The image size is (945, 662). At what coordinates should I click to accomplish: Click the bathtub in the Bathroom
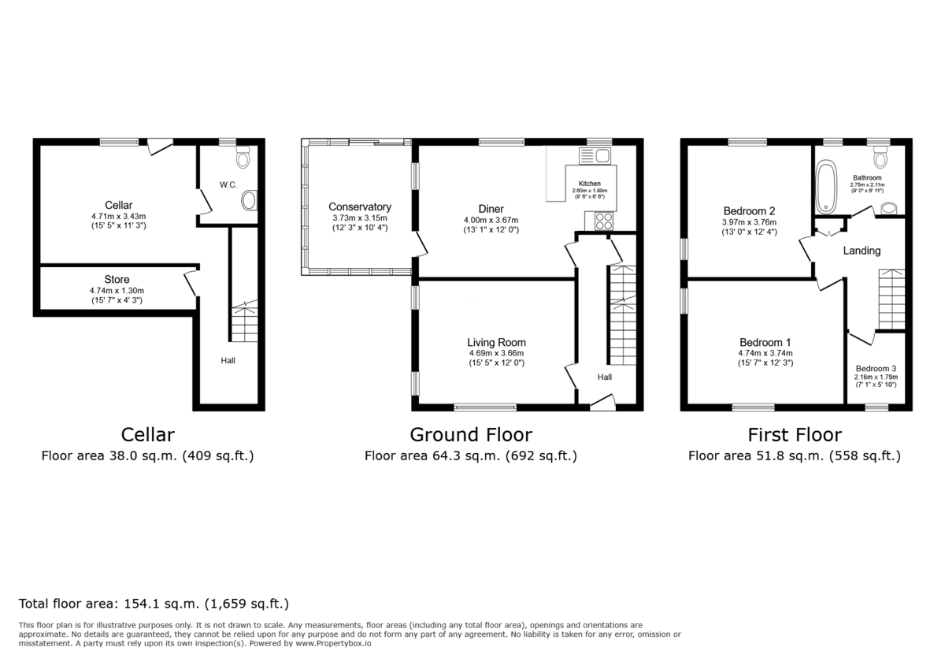[826, 187]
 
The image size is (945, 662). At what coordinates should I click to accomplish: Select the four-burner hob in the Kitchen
[604, 221]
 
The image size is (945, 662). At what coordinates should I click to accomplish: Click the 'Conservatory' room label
[360, 207]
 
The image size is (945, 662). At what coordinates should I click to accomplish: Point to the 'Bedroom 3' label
[876, 368]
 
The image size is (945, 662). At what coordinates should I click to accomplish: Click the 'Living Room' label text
[496, 343]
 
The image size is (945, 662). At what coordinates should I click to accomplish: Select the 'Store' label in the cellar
[117, 280]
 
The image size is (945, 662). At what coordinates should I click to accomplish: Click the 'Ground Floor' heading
[471, 435]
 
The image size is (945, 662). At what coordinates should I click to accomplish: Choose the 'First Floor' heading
[794, 435]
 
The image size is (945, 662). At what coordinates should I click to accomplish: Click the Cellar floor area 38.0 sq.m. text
[147, 456]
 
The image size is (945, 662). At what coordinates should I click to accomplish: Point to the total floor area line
[154, 604]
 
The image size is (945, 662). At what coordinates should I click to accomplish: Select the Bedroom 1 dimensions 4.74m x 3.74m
[765, 353]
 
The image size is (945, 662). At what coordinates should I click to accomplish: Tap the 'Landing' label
[862, 251]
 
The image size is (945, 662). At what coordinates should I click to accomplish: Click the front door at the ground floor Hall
[603, 404]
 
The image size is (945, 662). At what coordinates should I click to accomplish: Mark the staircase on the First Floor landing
[891, 299]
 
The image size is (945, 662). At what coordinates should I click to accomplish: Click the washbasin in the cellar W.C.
[249, 200]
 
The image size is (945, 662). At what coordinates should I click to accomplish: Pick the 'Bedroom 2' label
[750, 211]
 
